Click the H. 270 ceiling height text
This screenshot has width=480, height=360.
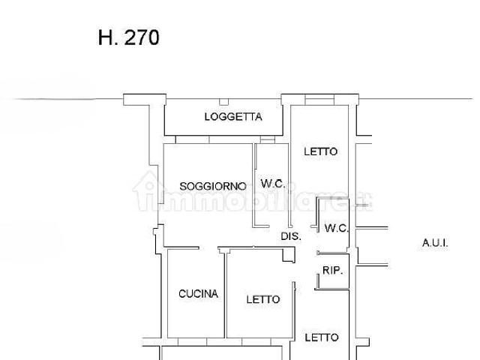[128, 37]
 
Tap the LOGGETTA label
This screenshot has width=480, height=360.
[233, 117]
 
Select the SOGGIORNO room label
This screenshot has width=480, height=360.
[213, 186]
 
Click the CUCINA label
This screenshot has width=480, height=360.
[198, 294]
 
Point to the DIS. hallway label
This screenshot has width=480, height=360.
[291, 236]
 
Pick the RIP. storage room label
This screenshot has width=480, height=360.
[332, 270]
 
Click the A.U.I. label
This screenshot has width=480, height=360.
[435, 243]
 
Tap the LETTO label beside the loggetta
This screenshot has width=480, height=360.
[321, 151]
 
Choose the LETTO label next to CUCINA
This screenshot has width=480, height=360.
[263, 299]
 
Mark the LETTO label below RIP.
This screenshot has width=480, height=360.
[322, 337]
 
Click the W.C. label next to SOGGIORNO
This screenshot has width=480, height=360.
[273, 184]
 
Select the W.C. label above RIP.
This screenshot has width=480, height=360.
[337, 228]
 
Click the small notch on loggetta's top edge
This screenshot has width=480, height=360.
[223, 102]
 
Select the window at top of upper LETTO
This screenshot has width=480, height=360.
[319, 100]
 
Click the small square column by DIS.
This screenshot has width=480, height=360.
[289, 256]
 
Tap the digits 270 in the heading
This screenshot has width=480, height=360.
[142, 37]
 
